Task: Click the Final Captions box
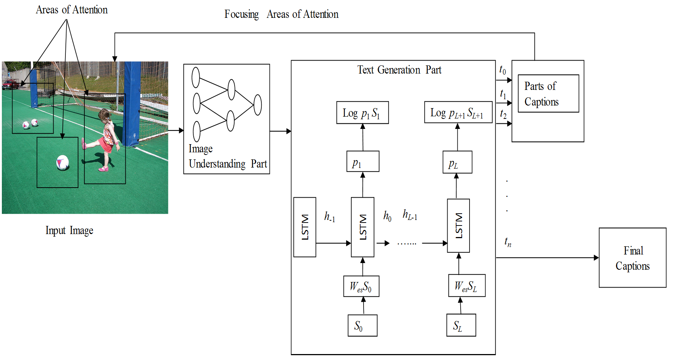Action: [632, 257]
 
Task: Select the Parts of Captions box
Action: [548, 94]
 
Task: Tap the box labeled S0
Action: [362, 325]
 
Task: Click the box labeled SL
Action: [461, 325]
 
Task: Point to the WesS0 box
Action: [361, 286]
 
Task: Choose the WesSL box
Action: [467, 285]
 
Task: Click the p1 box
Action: [363, 161]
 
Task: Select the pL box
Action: [457, 162]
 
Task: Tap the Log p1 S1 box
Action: [362, 113]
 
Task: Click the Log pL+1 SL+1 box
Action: [458, 112]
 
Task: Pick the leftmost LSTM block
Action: [305, 227]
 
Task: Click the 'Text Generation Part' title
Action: [399, 70]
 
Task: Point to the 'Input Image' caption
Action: [69, 230]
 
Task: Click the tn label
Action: [508, 242]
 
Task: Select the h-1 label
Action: [330, 216]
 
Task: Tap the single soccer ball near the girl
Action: [63, 162]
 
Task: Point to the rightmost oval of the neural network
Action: [258, 105]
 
